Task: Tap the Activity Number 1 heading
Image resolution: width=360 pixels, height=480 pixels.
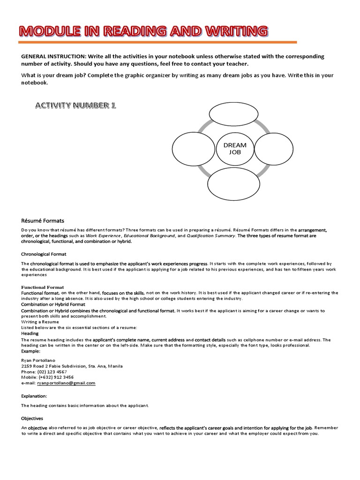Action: click(75, 105)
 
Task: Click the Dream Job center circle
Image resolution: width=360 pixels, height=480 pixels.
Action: click(234, 149)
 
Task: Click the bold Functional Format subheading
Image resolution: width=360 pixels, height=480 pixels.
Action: click(42, 287)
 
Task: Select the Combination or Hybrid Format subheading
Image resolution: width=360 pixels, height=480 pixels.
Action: click(53, 304)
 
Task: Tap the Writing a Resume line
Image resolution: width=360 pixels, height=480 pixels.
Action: click(41, 322)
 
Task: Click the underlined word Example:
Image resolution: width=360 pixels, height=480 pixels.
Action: click(31, 351)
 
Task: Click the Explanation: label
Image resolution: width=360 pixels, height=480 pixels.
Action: click(34, 396)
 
